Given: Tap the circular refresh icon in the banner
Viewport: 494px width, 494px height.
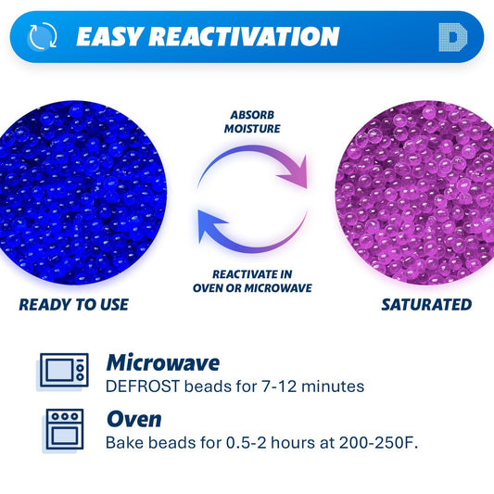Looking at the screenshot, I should click(43, 37).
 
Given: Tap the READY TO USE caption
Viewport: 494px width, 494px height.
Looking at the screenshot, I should click(73, 304).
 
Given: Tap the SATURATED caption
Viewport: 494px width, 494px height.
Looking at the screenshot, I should click(425, 304).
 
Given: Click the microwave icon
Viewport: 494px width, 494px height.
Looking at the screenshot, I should click(64, 372).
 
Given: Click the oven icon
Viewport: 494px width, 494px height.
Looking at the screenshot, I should click(64, 429).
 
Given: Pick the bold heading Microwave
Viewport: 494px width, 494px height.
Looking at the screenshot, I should click(162, 362).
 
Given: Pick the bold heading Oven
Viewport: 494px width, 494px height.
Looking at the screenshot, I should click(133, 419).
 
